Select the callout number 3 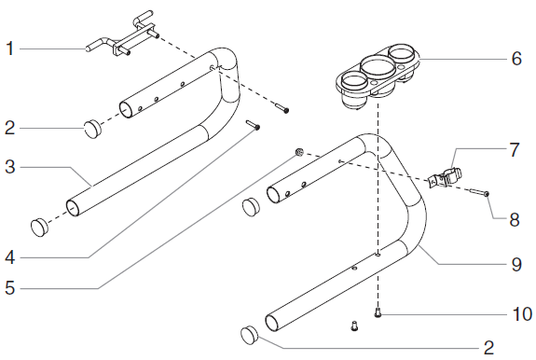(9, 168)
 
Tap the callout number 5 (9, 288)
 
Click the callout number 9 (515, 264)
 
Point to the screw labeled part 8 (477, 192)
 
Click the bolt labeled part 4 (252, 124)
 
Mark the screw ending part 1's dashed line (281, 109)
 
